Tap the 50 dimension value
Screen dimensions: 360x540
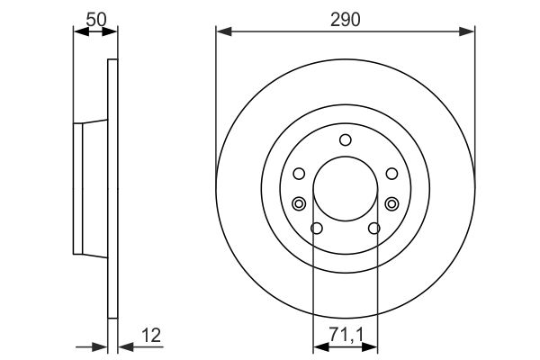pyautogui.click(x=94, y=17)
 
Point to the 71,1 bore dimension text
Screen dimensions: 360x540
pyautogui.click(x=346, y=335)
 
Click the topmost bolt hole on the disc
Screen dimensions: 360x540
pyautogui.click(x=346, y=139)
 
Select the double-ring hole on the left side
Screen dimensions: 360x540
pyautogui.click(x=299, y=203)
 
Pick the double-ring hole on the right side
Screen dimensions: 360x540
pyautogui.click(x=391, y=203)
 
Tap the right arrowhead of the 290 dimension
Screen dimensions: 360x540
pyautogui.click(x=469, y=32)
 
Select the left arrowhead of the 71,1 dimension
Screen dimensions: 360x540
pyautogui.click(x=318, y=346)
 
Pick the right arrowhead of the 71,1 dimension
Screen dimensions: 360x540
pyautogui.click(x=373, y=346)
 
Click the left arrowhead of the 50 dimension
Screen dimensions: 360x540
pyautogui.click(x=78, y=31)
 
